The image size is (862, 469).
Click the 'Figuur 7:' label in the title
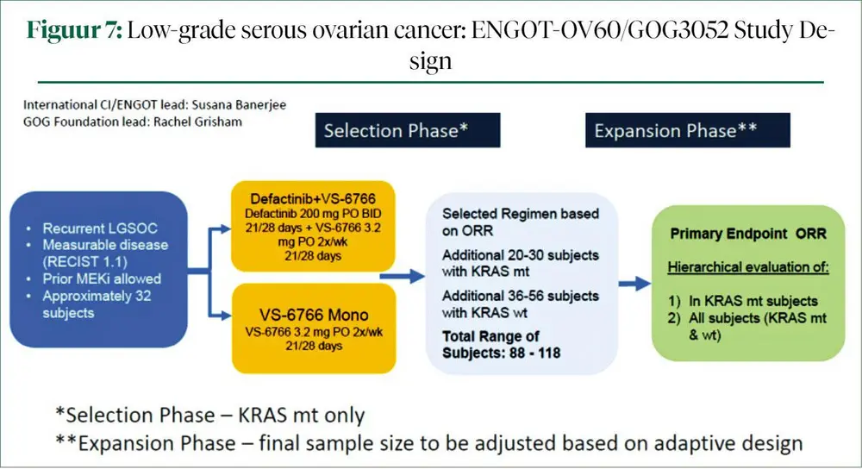[74, 31]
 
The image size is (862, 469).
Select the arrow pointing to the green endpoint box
[635, 282]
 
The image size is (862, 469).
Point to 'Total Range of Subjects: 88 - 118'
[490, 343]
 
